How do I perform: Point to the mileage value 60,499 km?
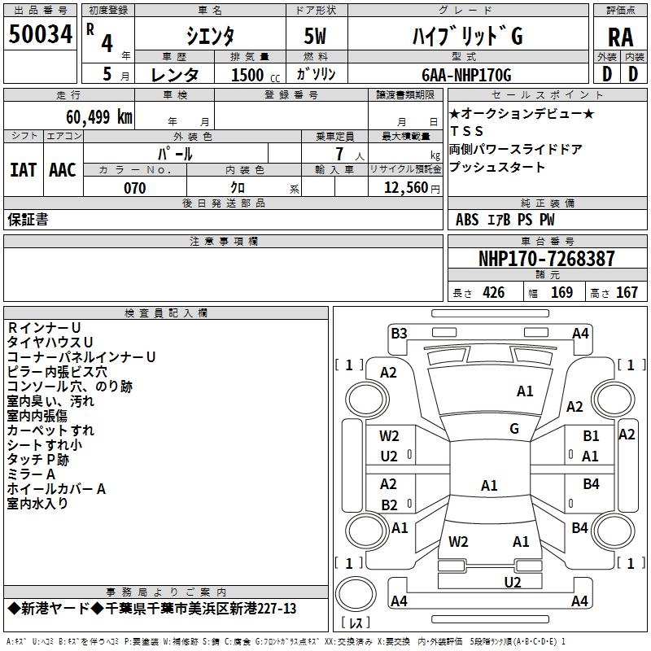[90, 116]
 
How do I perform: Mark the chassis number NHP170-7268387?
[546, 259]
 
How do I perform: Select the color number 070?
[134, 188]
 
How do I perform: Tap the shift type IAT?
[24, 169]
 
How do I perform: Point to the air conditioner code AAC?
[63, 169]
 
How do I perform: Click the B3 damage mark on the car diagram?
[398, 333]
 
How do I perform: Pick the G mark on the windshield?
[514, 428]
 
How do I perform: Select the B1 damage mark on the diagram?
[591, 436]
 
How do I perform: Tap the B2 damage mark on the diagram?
[389, 505]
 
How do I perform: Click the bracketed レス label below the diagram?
[356, 624]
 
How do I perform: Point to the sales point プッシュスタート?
[497, 168]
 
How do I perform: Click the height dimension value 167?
[627, 292]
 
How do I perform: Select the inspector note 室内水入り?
[38, 504]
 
